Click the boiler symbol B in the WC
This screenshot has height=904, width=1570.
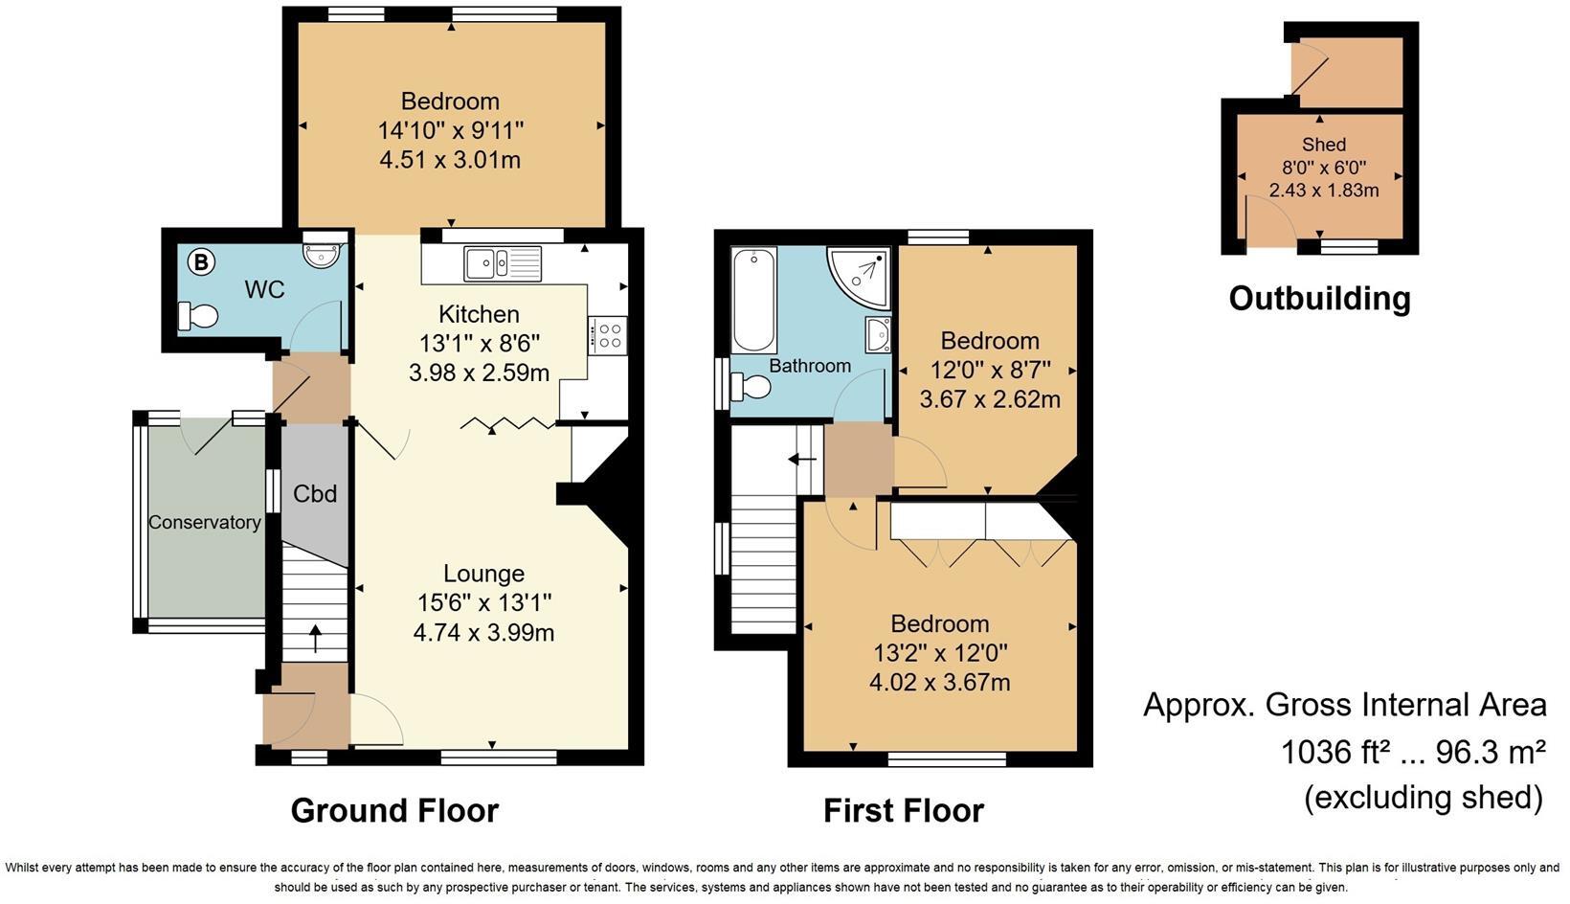(200, 261)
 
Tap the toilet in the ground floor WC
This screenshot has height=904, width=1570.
(198, 316)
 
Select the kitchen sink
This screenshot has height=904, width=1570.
(502, 263)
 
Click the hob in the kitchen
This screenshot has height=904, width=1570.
(608, 336)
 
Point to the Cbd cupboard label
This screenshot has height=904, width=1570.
(315, 494)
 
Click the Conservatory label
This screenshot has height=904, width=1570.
(204, 522)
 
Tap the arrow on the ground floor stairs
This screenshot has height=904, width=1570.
(316, 638)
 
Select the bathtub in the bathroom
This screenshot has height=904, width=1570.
(753, 301)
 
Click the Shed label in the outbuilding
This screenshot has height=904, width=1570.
(1324, 145)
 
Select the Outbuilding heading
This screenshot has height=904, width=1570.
(1319, 299)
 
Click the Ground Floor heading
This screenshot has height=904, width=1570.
(394, 810)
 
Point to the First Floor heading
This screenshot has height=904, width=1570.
(903, 810)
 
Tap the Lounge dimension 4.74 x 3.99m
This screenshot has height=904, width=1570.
(483, 632)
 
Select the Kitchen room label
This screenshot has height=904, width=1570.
(479, 314)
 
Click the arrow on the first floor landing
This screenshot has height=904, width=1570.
(801, 460)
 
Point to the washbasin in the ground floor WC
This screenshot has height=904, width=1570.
(316, 252)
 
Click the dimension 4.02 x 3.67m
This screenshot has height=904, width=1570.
(939, 682)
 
